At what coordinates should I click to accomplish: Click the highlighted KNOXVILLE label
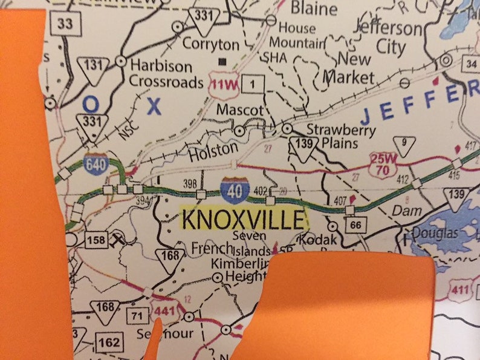point(244,220)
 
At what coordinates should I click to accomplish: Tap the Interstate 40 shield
point(236,190)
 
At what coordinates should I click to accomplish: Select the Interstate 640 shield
point(97,163)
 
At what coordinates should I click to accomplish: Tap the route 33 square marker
point(61,24)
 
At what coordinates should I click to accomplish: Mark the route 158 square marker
point(95,240)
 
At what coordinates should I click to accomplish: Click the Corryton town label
point(211,44)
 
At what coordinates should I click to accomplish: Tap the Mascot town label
point(240,111)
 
